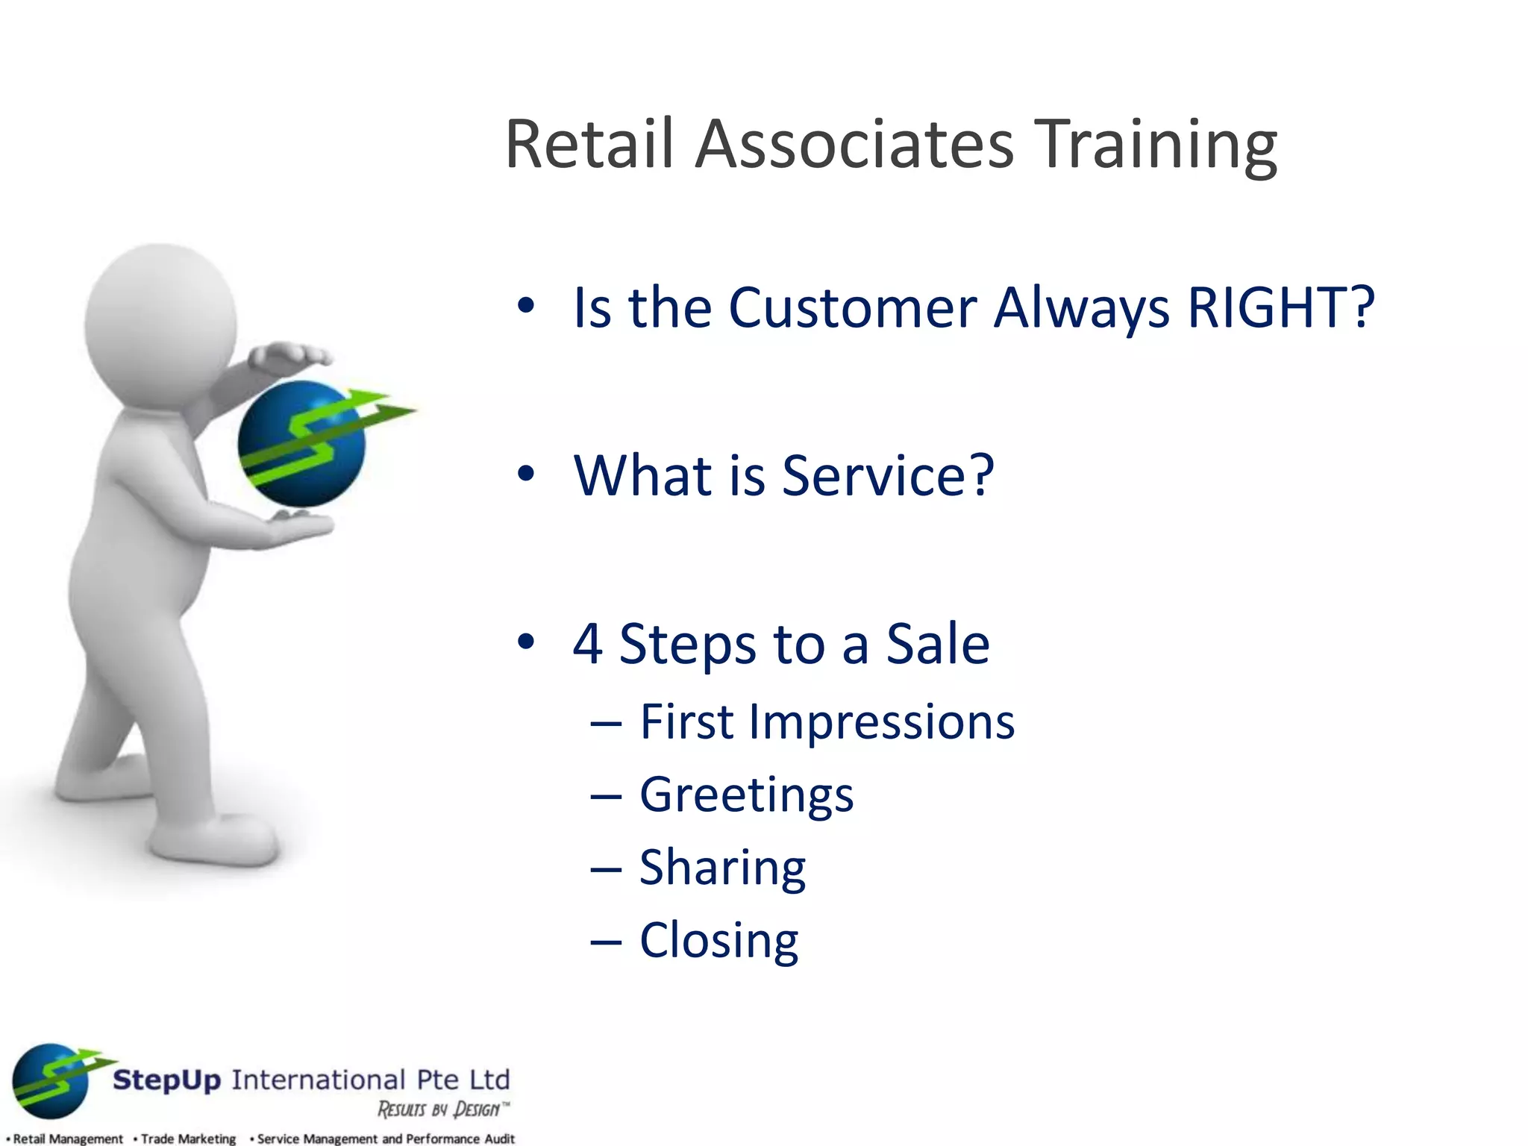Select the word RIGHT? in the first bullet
coord(1280,307)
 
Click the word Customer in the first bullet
coord(852,307)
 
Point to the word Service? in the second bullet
coord(888,475)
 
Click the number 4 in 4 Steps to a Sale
coord(588,644)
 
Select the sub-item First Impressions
coord(827,722)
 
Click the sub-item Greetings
coord(746,795)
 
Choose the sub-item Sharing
coord(722,868)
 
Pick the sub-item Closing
coord(718,940)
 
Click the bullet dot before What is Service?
coord(526,474)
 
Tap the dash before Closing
coord(605,942)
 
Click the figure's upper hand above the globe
coord(291,354)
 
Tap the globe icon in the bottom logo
coord(51,1080)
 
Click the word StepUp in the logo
coord(166,1080)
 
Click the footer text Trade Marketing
coord(187,1139)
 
